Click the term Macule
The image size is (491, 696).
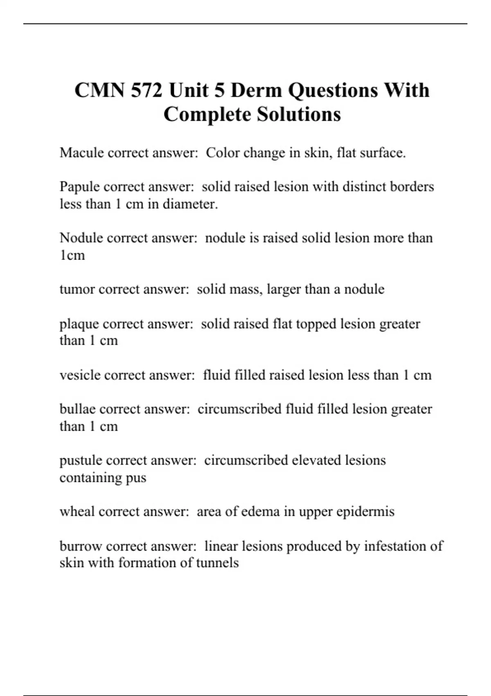(81, 153)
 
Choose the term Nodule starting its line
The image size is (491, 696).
(81, 238)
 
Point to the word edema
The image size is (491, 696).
(255, 511)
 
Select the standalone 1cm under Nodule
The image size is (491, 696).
(72, 255)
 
